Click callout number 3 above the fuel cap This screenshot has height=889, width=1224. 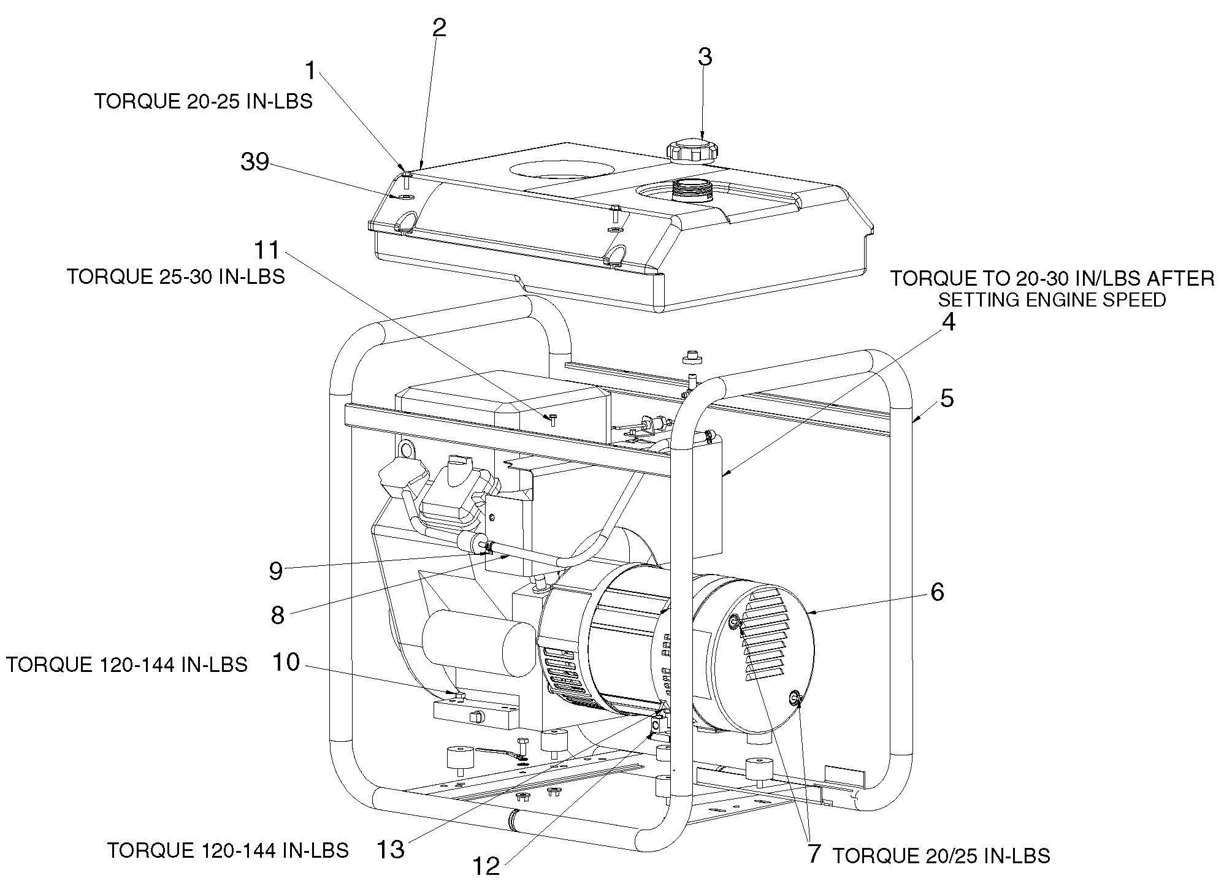tap(705, 57)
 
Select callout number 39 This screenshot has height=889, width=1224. tap(254, 162)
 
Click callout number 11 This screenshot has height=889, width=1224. tap(267, 250)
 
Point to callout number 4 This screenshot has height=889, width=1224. tap(948, 322)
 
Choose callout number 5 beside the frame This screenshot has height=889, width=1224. tap(947, 399)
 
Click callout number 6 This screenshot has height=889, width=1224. tap(937, 592)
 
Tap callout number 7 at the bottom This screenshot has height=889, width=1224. tap(814, 854)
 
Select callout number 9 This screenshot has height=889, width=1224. tap(275, 571)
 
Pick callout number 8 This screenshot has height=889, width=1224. tap(277, 615)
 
